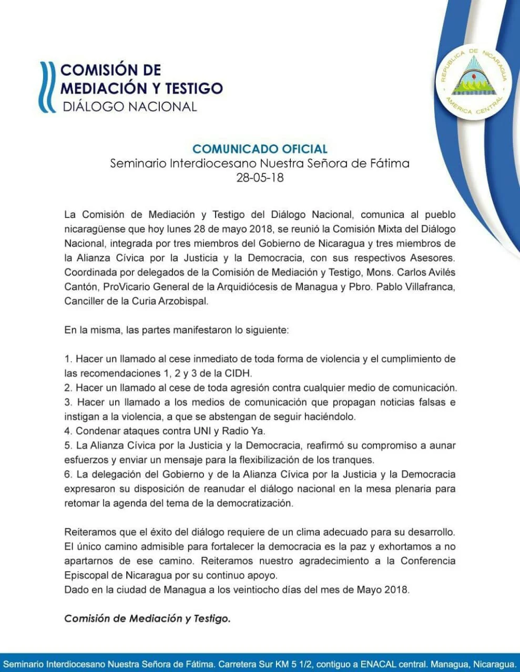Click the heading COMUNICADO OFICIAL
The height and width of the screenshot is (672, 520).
pyautogui.click(x=260, y=149)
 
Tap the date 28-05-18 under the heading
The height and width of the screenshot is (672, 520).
pyautogui.click(x=260, y=177)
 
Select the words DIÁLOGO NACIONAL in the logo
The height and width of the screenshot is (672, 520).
pyautogui.click(x=129, y=107)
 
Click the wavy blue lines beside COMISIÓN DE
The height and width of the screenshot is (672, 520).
pyautogui.click(x=48, y=87)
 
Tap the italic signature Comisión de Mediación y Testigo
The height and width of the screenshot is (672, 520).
pyautogui.click(x=147, y=618)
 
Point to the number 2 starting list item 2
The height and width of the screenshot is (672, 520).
pyautogui.click(x=67, y=388)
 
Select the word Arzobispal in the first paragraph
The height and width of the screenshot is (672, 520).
pyautogui.click(x=184, y=301)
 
